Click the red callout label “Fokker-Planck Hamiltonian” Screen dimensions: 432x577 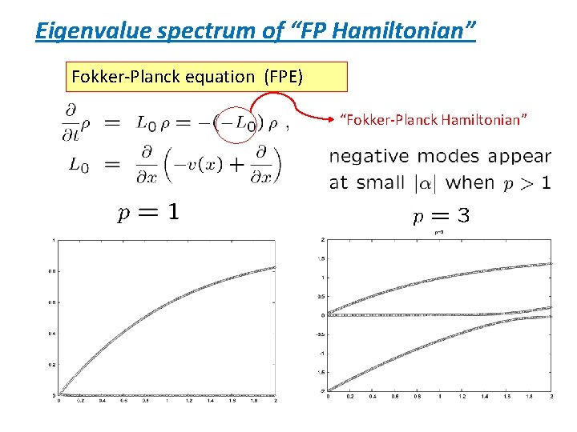(x=434, y=120)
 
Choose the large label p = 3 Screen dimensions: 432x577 (x=440, y=216)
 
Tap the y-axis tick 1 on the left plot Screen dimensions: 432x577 (x=53, y=241)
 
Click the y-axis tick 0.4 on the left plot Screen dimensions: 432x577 (x=50, y=334)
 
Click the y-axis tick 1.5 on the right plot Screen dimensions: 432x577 (x=321, y=258)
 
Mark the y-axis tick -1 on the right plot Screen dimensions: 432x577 (x=321, y=353)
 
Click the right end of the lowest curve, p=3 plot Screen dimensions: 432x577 (x=551, y=317)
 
